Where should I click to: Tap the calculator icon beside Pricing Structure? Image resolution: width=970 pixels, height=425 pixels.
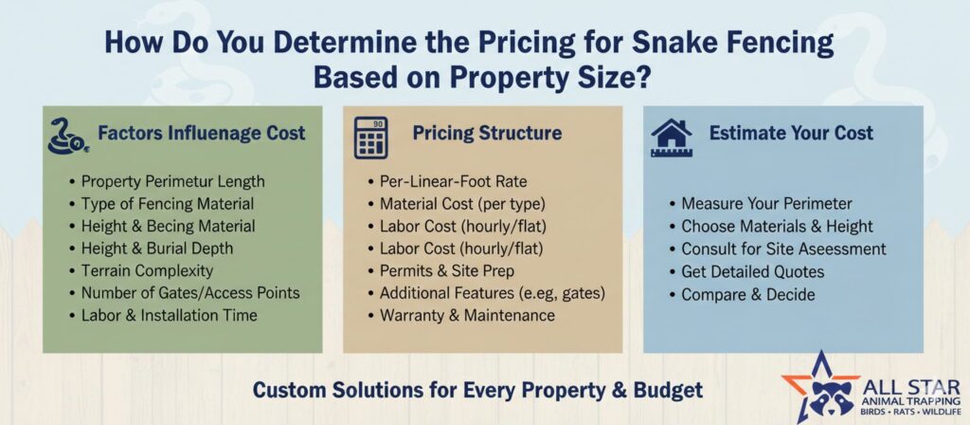[371, 137]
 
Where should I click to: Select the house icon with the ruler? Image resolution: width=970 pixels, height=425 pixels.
[672, 138]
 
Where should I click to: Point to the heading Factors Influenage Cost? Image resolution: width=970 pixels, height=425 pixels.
[202, 133]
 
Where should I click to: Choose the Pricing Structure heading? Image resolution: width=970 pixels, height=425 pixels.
[488, 133]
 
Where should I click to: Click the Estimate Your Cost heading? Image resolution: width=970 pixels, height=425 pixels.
[791, 133]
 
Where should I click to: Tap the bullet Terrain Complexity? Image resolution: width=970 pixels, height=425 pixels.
[147, 270]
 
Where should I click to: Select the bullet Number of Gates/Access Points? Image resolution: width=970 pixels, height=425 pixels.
[190, 293]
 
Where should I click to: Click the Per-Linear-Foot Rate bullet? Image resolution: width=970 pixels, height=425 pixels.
[454, 182]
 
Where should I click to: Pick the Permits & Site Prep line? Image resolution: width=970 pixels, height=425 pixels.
[447, 270]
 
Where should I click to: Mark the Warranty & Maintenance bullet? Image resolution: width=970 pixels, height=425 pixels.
[467, 315]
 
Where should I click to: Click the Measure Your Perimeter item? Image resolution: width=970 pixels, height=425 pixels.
[767, 204]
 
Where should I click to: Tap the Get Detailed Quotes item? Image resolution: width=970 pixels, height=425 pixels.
[753, 271]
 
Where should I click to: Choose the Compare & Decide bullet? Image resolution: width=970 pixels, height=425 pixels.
[748, 294]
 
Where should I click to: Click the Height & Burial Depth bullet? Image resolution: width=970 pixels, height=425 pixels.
[157, 249]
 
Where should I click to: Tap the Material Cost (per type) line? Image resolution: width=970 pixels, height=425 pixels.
[462, 204]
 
